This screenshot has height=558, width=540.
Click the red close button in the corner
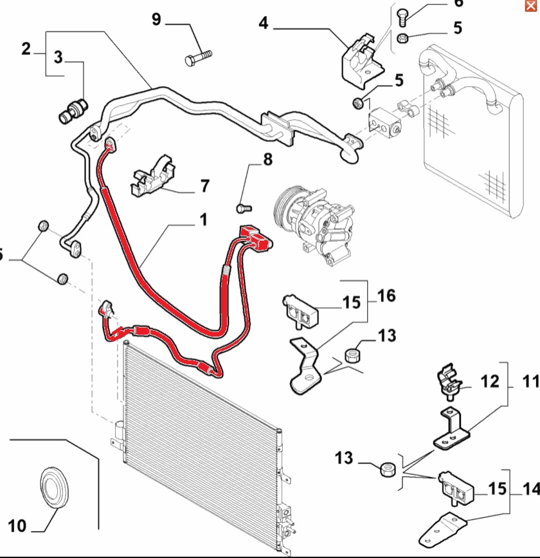[531, 6]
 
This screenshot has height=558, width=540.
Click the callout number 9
[156, 19]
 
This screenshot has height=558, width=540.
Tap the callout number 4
[264, 23]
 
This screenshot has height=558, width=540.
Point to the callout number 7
[205, 186]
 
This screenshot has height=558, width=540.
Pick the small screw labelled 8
[244, 207]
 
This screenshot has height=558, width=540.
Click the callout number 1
[203, 219]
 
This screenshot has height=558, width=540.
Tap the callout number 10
[17, 526]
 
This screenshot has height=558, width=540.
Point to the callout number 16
[386, 295]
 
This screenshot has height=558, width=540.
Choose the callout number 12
[490, 381]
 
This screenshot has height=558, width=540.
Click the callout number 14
[531, 488]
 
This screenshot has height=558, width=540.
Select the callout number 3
[59, 57]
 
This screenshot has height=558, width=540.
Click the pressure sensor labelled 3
[73, 111]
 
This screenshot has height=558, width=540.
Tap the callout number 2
[26, 49]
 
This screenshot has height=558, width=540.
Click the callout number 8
[268, 160]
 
